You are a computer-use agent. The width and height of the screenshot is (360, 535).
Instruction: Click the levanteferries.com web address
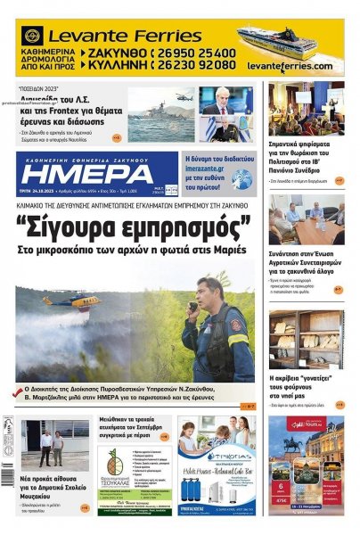click(x=293, y=67)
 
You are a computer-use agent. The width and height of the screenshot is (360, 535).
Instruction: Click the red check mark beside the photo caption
click(x=19, y=391)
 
